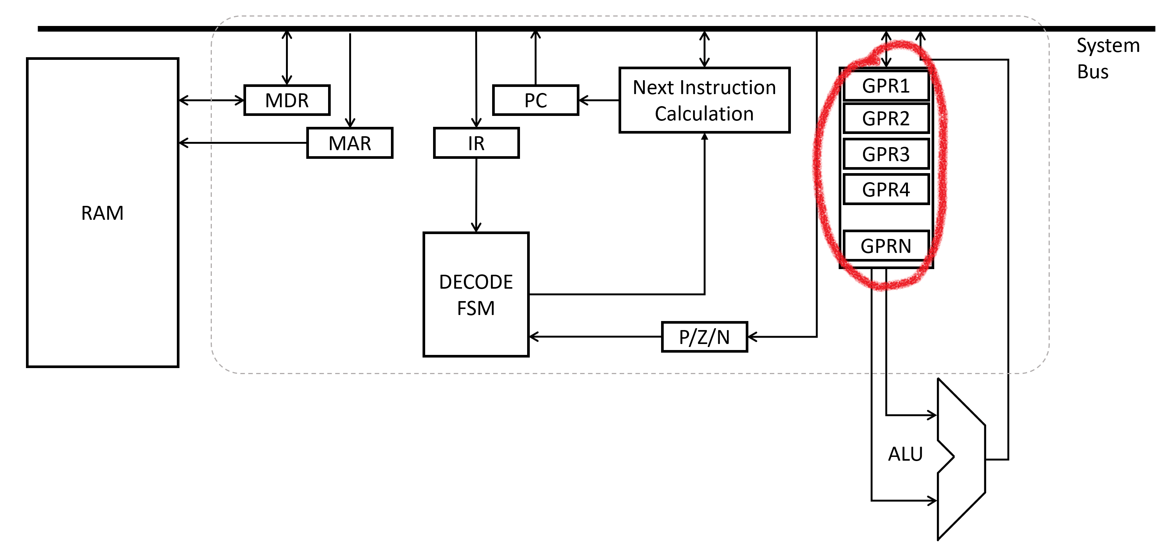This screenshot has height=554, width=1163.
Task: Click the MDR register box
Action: click(287, 100)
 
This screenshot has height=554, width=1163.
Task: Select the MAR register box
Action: click(350, 143)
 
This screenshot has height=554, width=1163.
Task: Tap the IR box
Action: click(476, 143)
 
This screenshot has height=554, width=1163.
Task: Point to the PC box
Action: click(535, 100)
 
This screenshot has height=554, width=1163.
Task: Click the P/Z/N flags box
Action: click(704, 337)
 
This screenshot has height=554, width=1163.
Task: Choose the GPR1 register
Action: click(885, 86)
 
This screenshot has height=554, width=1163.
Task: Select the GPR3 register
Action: click(885, 154)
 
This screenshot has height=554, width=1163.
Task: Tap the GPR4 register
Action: click(885, 190)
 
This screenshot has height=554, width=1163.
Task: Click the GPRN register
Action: click(885, 246)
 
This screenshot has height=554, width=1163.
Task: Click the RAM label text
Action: click(102, 213)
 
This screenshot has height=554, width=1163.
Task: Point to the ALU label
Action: click(905, 454)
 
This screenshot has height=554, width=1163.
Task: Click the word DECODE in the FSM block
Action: click(476, 282)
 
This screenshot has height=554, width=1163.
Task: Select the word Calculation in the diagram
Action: click(704, 114)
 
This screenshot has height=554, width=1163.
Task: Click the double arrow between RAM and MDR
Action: click(211, 100)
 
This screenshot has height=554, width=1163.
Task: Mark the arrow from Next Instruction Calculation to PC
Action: click(598, 100)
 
